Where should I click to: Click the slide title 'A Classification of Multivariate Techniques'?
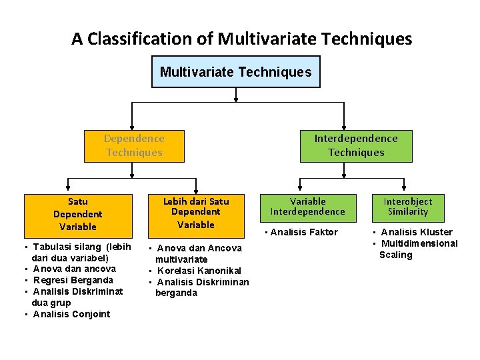[241, 39]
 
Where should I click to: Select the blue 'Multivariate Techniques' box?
[235, 72]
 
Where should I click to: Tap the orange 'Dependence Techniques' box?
[134, 146]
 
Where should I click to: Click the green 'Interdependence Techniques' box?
[356, 146]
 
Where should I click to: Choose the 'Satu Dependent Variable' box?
[77, 214]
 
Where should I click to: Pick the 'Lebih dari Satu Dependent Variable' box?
[195, 213]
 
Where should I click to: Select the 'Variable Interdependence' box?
[307, 207]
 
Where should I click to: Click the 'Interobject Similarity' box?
[407, 207]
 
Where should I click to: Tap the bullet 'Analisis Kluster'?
[416, 232]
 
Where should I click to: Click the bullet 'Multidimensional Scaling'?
[419, 249]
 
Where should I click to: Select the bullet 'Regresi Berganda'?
[73, 280]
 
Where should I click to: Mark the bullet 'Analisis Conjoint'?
[71, 314]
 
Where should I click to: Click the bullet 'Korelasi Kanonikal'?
[199, 271]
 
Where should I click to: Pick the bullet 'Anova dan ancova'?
[74, 269]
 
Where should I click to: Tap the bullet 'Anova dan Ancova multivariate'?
[199, 253]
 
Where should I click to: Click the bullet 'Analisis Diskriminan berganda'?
[202, 287]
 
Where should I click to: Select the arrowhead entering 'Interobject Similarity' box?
[407, 191]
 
